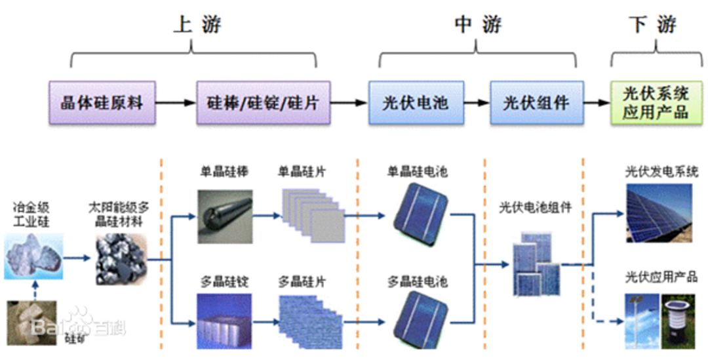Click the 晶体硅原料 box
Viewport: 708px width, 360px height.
(101, 103)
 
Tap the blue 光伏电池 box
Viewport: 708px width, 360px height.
(416, 103)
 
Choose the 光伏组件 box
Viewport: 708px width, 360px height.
(536, 103)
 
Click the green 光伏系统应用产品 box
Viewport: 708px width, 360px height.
(655, 103)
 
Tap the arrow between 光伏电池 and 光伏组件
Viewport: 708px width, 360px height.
(477, 103)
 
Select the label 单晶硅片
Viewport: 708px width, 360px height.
(302, 173)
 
